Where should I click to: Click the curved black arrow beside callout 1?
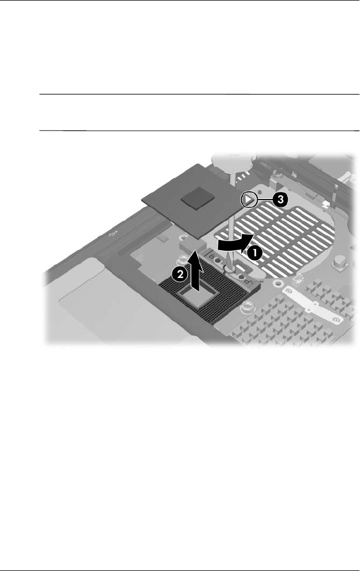click(232, 244)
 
